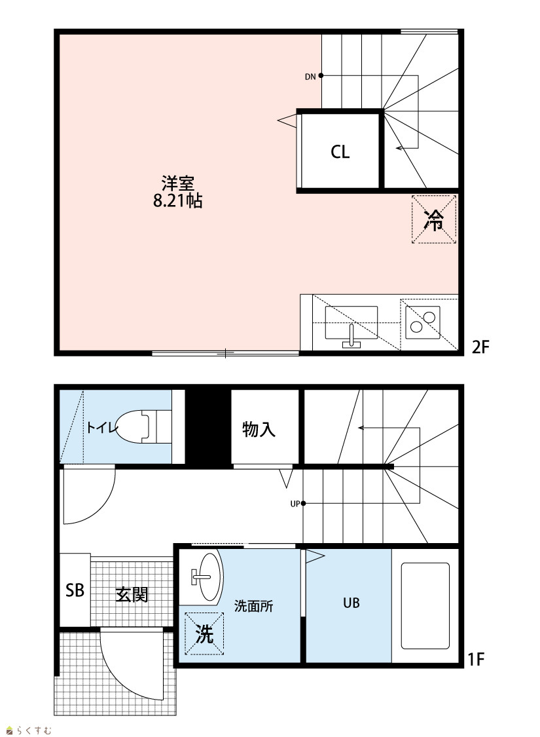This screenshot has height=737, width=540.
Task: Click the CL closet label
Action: pos(340,152)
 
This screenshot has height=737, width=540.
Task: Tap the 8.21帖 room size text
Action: pos(178,200)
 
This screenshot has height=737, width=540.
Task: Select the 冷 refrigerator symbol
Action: pos(434,219)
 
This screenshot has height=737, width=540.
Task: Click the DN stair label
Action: pos(310,77)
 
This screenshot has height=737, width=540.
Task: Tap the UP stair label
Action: pos(295,504)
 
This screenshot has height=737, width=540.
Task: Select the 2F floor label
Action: pos(480,347)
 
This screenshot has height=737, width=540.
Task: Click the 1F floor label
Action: pos(476,660)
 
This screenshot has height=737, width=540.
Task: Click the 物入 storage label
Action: pos(259,429)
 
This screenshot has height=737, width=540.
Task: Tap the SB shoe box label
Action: pos(75,590)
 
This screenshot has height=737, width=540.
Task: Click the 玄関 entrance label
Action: pos(132,595)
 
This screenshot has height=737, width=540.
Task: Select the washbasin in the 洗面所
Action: pos(208,576)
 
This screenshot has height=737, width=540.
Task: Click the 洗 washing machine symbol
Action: pos(204,633)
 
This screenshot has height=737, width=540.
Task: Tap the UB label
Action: pos(351,603)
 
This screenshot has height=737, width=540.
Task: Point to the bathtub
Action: pos(425,605)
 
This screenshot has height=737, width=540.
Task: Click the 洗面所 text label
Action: pos(253,606)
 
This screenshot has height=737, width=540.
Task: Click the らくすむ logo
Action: pos(28,730)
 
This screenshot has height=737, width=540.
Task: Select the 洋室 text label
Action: pos(178,183)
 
